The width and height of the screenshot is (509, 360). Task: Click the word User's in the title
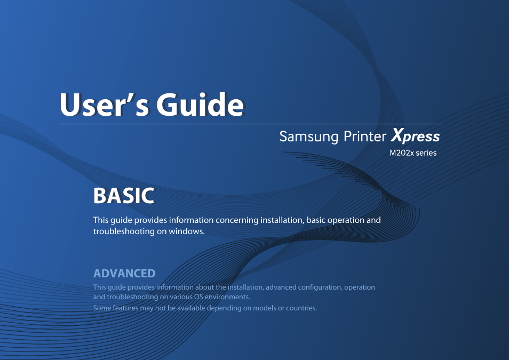click(105, 105)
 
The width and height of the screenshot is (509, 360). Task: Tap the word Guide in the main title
click(200, 105)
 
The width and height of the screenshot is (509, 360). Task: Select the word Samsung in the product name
click(309, 137)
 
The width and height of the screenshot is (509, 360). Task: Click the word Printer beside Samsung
click(365, 137)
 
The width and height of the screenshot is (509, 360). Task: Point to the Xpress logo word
click(416, 135)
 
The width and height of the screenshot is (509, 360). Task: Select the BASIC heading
click(124, 196)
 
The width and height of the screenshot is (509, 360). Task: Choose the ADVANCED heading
click(124, 273)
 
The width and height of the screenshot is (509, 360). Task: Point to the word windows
click(187, 231)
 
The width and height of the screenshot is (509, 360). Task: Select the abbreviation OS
click(198, 297)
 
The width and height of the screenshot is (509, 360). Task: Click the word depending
click(224, 308)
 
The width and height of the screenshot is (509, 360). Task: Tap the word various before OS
click(181, 297)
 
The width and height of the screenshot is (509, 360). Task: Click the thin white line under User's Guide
click(250, 124)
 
